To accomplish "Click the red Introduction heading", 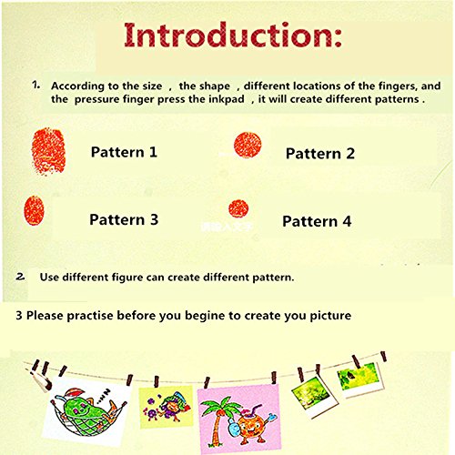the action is pyautogui.click(x=233, y=35).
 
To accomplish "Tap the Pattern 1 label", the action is pyautogui.click(x=124, y=152).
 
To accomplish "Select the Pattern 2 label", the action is pyautogui.click(x=320, y=153).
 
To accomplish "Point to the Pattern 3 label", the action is pyautogui.click(x=124, y=219).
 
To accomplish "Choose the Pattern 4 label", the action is pyautogui.click(x=317, y=221).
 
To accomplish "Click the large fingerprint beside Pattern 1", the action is pyautogui.click(x=48, y=151).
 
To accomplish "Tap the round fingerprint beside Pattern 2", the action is pyautogui.click(x=248, y=145).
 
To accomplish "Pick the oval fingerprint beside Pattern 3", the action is pyautogui.click(x=34, y=210).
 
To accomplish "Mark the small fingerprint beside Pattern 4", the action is pyautogui.click(x=238, y=208).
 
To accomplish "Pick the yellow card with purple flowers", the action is pyautogui.click(x=166, y=407).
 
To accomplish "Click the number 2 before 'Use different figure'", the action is pyautogui.click(x=21, y=277).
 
